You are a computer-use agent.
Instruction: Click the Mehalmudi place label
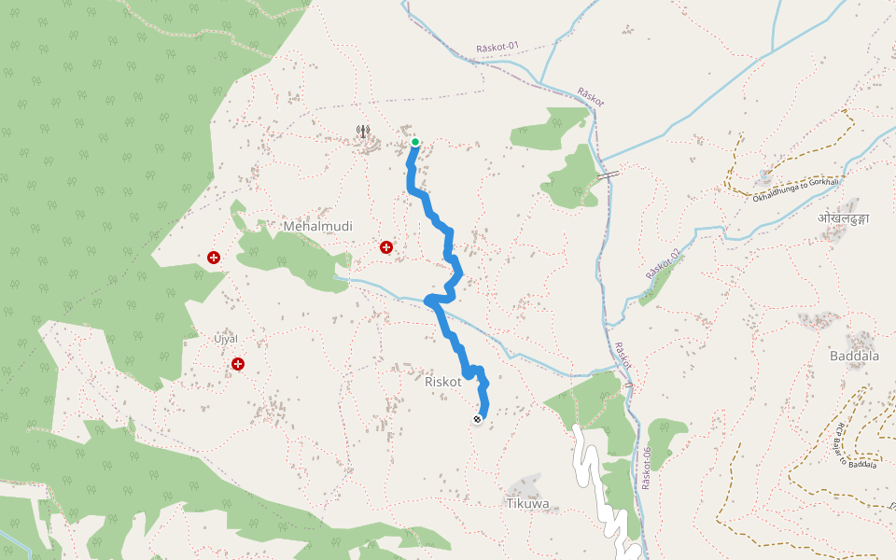tap(318, 226)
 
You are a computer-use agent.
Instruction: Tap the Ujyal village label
tap(226, 337)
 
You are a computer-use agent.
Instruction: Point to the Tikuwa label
tap(527, 503)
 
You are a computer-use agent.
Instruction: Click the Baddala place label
tap(854, 356)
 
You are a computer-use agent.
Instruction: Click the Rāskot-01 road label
tap(497, 48)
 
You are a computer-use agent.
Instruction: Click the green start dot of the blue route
tap(414, 143)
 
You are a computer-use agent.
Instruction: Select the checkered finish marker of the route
tap(477, 419)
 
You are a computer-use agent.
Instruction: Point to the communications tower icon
tap(363, 132)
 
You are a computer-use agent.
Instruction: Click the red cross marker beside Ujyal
tap(239, 364)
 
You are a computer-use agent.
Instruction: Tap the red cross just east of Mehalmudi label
tap(385, 247)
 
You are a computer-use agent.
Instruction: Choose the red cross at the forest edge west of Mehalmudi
tap(214, 258)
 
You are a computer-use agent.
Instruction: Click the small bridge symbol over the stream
tap(608, 175)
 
